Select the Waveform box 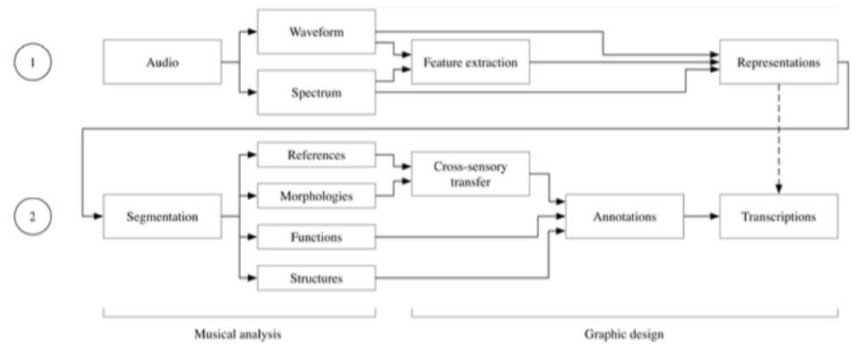tap(316, 30)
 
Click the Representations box tap(778, 64)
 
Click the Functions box tap(315, 237)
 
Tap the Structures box tap(315, 278)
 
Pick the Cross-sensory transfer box tap(470, 174)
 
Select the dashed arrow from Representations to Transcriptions tap(778, 139)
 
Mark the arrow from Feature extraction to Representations tap(618, 63)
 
